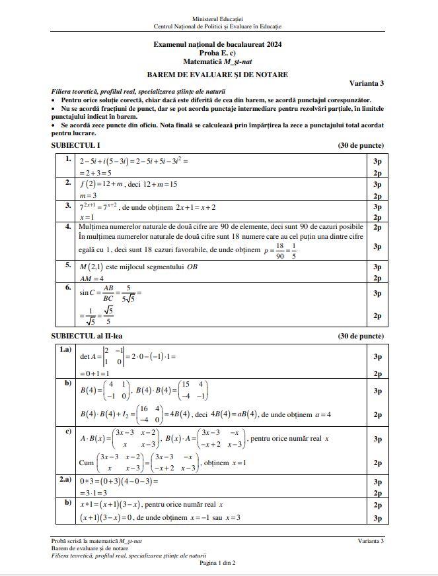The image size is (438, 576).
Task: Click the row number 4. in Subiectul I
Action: coord(67,226)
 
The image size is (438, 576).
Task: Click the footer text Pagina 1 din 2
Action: coord(217,563)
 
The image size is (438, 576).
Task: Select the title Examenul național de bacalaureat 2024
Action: coord(217,43)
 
